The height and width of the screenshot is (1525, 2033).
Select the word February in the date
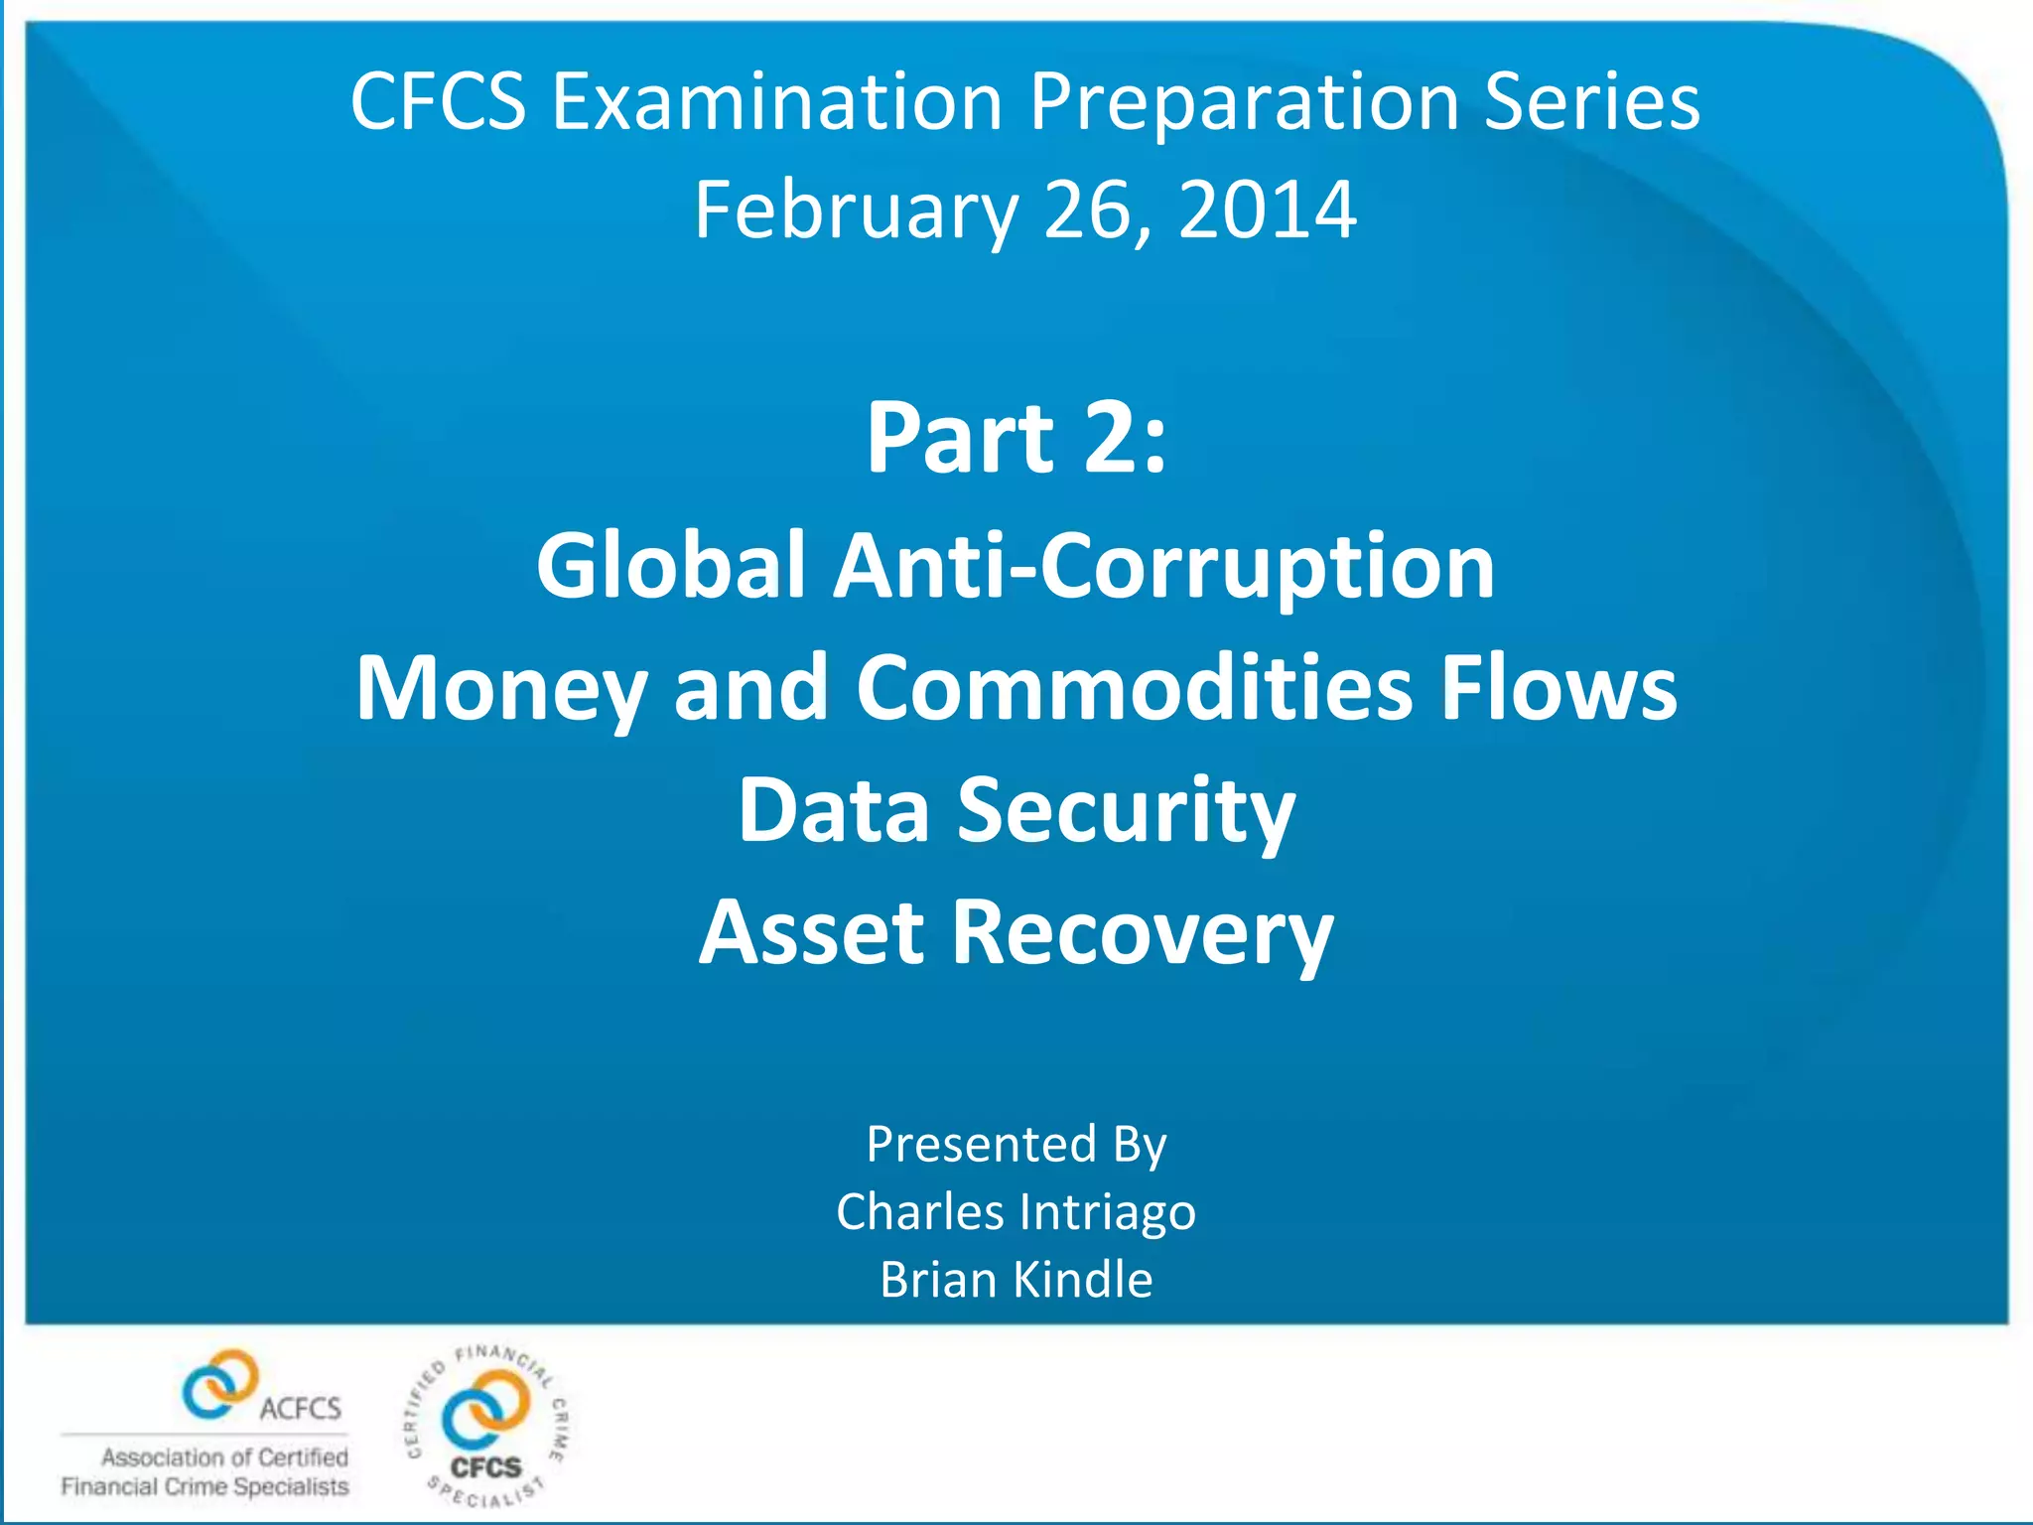[x=856, y=210]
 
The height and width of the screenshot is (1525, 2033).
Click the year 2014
[x=1268, y=210]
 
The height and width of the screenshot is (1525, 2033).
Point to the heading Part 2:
[x=1016, y=438]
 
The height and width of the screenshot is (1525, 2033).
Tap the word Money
[x=501, y=687]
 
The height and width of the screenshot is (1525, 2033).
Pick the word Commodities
[x=1135, y=687]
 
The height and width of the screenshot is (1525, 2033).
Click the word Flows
[x=1559, y=687]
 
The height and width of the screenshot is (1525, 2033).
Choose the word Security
[x=1126, y=811]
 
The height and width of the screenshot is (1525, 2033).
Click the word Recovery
[x=1143, y=933]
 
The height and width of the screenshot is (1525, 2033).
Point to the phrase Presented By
[x=1016, y=1144]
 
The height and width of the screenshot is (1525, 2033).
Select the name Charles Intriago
[x=1016, y=1211]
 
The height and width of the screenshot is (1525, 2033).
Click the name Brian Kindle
[x=1016, y=1279]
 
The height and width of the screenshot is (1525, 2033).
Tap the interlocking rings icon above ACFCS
[x=219, y=1382]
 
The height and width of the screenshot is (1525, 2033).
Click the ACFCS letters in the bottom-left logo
[x=300, y=1408]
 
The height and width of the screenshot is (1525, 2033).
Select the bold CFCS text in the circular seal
[x=485, y=1466]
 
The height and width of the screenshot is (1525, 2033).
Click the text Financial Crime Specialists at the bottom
[x=205, y=1486]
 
